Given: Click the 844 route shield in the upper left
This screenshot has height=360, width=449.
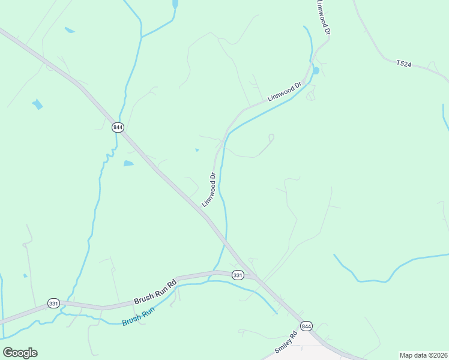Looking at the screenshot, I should (x=118, y=127).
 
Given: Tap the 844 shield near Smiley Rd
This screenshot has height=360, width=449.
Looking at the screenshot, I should (x=307, y=326).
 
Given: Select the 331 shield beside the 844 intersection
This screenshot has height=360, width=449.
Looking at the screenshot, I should (x=238, y=275).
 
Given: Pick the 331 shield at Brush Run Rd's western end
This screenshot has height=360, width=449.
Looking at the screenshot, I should (x=54, y=303).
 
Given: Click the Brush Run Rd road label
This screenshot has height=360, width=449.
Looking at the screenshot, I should (x=155, y=291).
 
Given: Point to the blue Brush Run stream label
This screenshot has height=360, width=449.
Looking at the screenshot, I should (x=139, y=316).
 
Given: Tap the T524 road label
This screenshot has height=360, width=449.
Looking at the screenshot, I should (x=403, y=63).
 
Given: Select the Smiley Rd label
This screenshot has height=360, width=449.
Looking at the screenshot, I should (x=286, y=343).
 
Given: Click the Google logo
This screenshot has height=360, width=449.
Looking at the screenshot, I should (x=20, y=352).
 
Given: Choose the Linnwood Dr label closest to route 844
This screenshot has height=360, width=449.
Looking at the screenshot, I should (x=208, y=190).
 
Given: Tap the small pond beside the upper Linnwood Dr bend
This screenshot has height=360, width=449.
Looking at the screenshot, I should (x=316, y=70).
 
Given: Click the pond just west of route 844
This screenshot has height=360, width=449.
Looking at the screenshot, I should (x=128, y=163).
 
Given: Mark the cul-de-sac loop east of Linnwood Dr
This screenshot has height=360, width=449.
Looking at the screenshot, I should (x=271, y=138).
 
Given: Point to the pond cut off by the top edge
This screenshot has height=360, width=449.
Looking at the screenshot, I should (x=175, y=4).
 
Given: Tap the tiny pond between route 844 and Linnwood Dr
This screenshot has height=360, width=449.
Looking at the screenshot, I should (x=197, y=150).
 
